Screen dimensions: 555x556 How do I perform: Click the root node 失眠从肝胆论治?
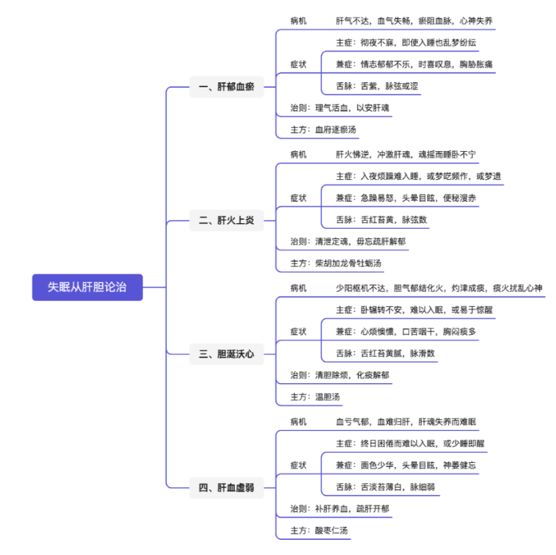click(x=87, y=287)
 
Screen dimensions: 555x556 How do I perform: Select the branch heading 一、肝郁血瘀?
click(x=224, y=86)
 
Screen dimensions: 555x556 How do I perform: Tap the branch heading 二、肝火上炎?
click(x=225, y=220)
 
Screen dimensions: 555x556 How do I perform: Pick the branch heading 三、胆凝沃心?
click(x=225, y=353)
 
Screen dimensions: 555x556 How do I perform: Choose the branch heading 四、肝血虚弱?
click(x=225, y=486)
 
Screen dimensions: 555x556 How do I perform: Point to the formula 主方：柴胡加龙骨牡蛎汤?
click(x=336, y=263)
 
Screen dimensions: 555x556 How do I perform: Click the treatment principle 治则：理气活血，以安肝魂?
click(x=340, y=108)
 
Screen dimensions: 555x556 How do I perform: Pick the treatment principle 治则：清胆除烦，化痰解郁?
click(x=340, y=374)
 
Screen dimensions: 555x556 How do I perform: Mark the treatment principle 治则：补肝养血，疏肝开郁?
click(x=340, y=508)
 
